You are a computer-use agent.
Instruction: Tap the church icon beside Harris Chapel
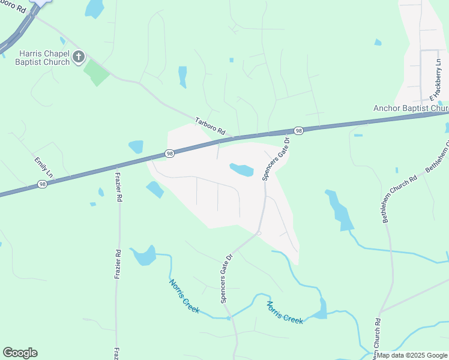pyautogui.click(x=78, y=57)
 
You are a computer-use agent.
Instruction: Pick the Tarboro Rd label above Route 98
pyautogui.click(x=209, y=125)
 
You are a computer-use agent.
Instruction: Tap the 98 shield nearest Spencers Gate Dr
pyautogui.click(x=298, y=130)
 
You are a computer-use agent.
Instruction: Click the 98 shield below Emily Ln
pyautogui.click(x=41, y=184)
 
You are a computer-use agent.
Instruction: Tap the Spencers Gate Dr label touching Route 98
pyautogui.click(x=276, y=159)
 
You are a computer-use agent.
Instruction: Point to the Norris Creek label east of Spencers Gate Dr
pyautogui.click(x=285, y=311)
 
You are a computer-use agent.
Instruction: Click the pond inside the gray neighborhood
pyautogui.click(x=242, y=170)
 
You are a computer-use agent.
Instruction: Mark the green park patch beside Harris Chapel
pyautogui.click(x=96, y=73)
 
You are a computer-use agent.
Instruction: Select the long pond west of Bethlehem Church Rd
pyautogui.click(x=339, y=211)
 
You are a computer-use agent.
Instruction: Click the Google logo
pyautogui.click(x=20, y=353)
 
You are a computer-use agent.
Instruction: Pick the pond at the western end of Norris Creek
pyautogui.click(x=143, y=256)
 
